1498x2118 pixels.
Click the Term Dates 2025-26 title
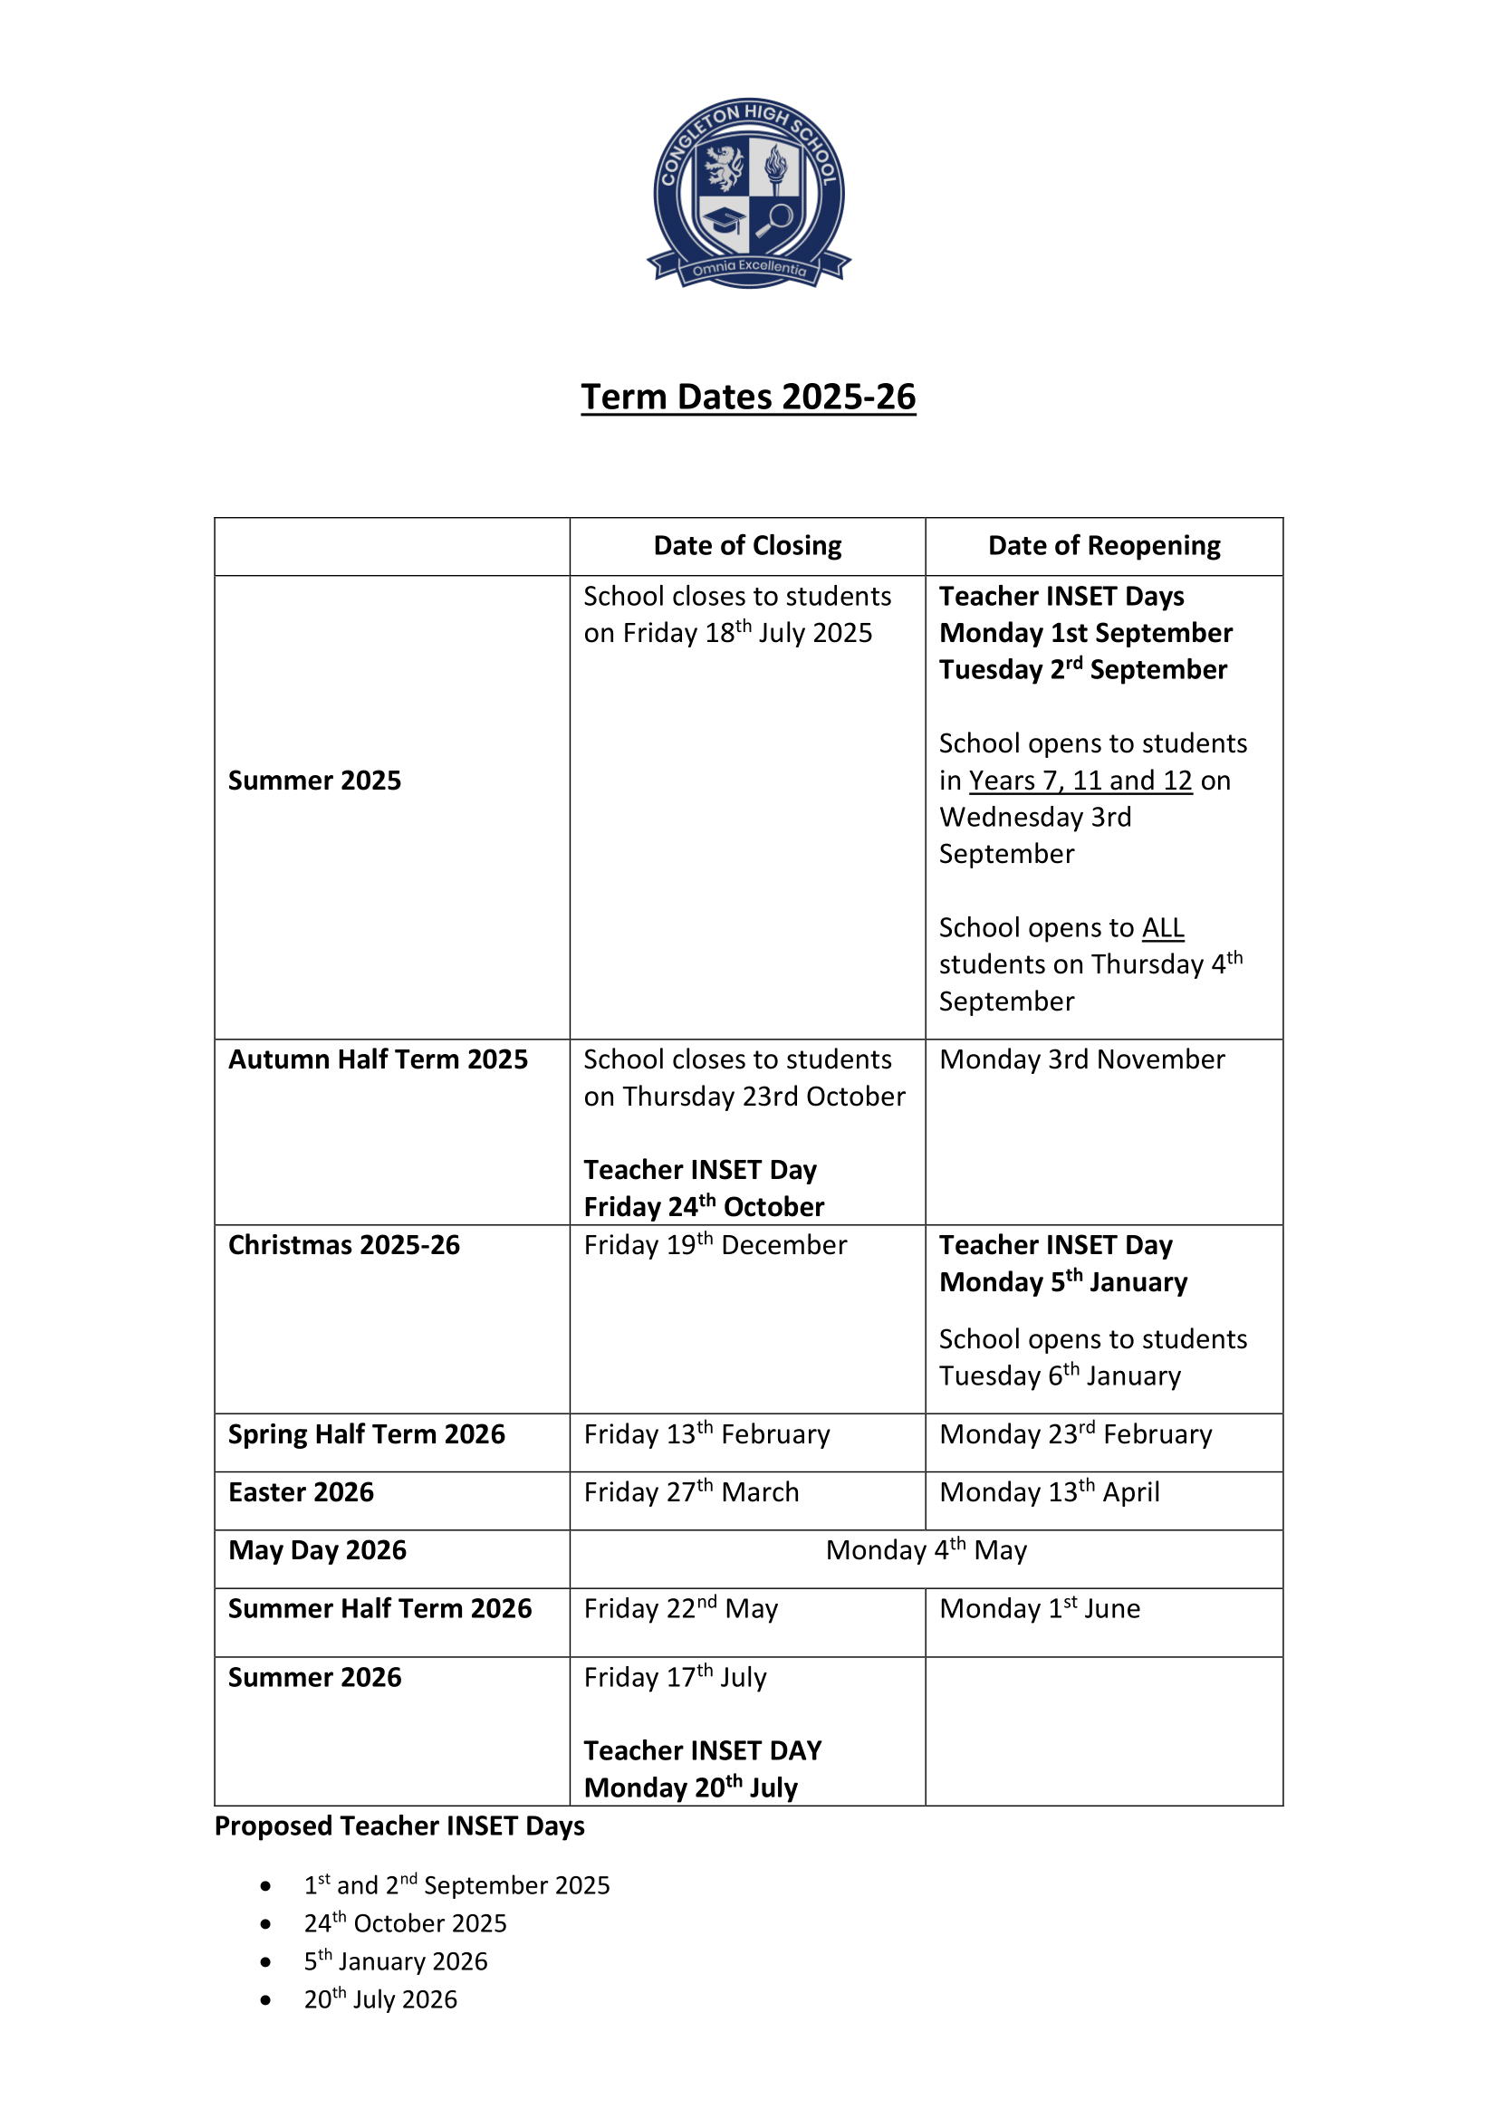click(748, 397)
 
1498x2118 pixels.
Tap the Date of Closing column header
click(747, 546)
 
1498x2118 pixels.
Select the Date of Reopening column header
click(1103, 546)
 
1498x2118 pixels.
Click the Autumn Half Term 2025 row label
click(379, 1059)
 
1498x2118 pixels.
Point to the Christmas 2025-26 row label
click(344, 1245)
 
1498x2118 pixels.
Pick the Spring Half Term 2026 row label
click(366, 1434)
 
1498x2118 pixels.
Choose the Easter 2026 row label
click(301, 1492)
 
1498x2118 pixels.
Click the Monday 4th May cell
click(927, 1550)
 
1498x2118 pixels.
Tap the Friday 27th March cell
click(691, 1492)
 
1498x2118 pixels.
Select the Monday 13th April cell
click(1049, 1492)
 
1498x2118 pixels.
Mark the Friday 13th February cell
click(706, 1434)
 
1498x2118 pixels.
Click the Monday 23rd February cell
click(1076, 1434)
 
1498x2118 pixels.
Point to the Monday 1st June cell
click(1040, 1609)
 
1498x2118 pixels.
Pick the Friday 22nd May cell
click(681, 1609)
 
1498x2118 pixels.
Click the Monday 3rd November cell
click(1082, 1059)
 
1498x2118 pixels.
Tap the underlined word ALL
click(1162, 928)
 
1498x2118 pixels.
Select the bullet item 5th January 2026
click(396, 1962)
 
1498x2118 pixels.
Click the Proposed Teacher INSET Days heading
click(399, 1826)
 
